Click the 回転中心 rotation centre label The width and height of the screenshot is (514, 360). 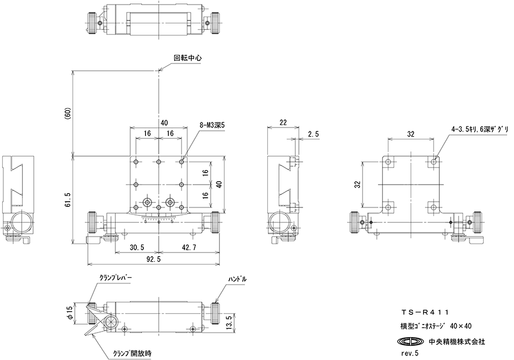pyautogui.click(x=187, y=58)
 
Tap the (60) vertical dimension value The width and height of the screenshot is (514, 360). pyautogui.click(x=68, y=114)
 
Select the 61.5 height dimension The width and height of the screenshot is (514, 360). pyautogui.click(x=68, y=200)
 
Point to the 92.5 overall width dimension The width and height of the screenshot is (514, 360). pyautogui.click(x=154, y=259)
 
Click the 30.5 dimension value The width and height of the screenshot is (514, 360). pyautogui.click(x=136, y=247)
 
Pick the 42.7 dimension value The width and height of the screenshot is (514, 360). pyautogui.click(x=188, y=247)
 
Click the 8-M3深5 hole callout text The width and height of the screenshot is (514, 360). pyautogui.click(x=212, y=125)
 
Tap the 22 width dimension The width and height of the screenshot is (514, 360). pyautogui.click(x=283, y=122)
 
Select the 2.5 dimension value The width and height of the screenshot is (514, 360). pyautogui.click(x=314, y=134)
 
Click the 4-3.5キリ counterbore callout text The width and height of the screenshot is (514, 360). pyautogui.click(x=480, y=130)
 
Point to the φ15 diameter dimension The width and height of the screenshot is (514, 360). pyautogui.click(x=69, y=313)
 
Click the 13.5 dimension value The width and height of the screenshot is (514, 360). pyautogui.click(x=229, y=323)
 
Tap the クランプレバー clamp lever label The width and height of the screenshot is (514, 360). pyautogui.click(x=115, y=277)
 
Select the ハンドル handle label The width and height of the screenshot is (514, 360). pyautogui.click(x=238, y=279)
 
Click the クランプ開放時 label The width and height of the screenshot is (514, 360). pyautogui.click(x=132, y=354)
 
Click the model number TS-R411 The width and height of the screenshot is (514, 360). pyautogui.click(x=424, y=313)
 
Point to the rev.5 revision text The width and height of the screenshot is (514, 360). pyautogui.click(x=409, y=353)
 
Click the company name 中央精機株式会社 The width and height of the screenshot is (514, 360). pyautogui.click(x=457, y=342)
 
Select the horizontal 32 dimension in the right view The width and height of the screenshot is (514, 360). pyautogui.click(x=411, y=134)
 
